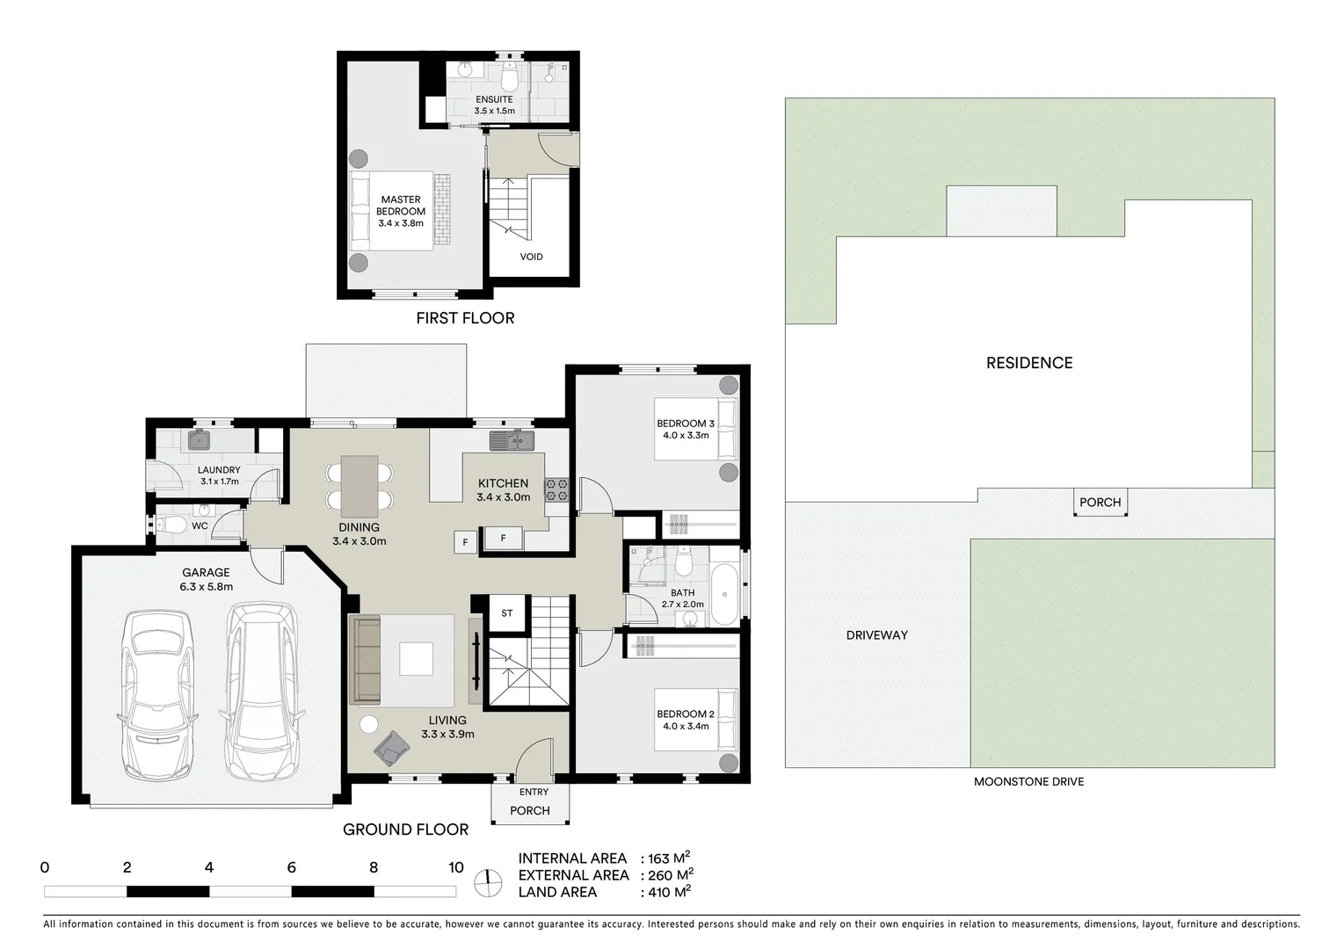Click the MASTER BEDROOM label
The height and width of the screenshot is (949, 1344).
pyautogui.click(x=401, y=211)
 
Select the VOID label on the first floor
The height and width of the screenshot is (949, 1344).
pyautogui.click(x=531, y=257)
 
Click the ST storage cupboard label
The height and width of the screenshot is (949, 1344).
pyautogui.click(x=506, y=613)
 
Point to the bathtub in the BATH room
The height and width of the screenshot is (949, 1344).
pyautogui.click(x=726, y=595)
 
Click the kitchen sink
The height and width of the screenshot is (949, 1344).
pyautogui.click(x=512, y=440)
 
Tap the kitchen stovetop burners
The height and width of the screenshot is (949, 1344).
pyautogui.click(x=556, y=489)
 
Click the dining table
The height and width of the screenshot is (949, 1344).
pyautogui.click(x=360, y=486)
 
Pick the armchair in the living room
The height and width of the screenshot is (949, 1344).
pyautogui.click(x=391, y=749)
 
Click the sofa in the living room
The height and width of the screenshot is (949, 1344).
pyautogui.click(x=365, y=660)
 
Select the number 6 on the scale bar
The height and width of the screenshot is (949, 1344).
pyautogui.click(x=291, y=867)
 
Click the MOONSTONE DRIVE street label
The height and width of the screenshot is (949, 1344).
pyautogui.click(x=1028, y=781)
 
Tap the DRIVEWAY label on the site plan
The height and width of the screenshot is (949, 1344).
pyautogui.click(x=876, y=634)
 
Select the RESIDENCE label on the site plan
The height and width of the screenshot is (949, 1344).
pyautogui.click(x=1028, y=362)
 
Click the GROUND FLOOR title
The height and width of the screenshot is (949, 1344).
pyautogui.click(x=405, y=829)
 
